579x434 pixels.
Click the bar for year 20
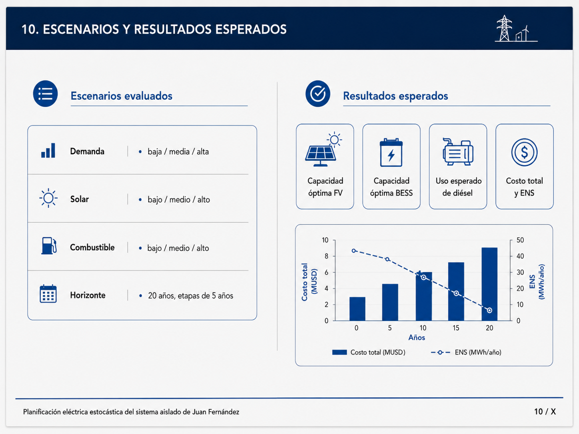pyautogui.click(x=489, y=284)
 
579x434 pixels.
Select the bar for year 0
pyautogui.click(x=357, y=309)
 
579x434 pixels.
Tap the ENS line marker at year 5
pyautogui.click(x=387, y=259)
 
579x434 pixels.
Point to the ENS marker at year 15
pyautogui.click(x=456, y=293)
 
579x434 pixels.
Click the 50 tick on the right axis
pyautogui.click(x=520, y=240)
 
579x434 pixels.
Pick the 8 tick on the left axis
pyautogui.click(x=326, y=256)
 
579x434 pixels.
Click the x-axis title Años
pyautogui.click(x=417, y=338)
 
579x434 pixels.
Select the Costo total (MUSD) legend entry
pyautogui.click(x=369, y=352)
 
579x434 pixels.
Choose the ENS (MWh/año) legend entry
pyautogui.click(x=466, y=352)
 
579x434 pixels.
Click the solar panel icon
pyautogui.click(x=323, y=149)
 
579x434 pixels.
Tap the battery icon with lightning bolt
pyautogui.click(x=391, y=152)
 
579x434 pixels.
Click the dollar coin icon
pyautogui.click(x=524, y=152)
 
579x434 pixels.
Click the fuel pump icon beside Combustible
pyautogui.click(x=49, y=246)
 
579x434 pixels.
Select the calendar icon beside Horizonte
pyautogui.click(x=48, y=294)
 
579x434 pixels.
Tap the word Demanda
pyautogui.click(x=87, y=151)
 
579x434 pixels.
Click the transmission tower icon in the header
pyautogui.click(x=504, y=28)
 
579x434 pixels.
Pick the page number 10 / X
pyautogui.click(x=545, y=412)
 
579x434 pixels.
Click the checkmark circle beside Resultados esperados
pyautogui.click(x=317, y=94)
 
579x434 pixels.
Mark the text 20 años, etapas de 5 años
pyautogui.click(x=190, y=296)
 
